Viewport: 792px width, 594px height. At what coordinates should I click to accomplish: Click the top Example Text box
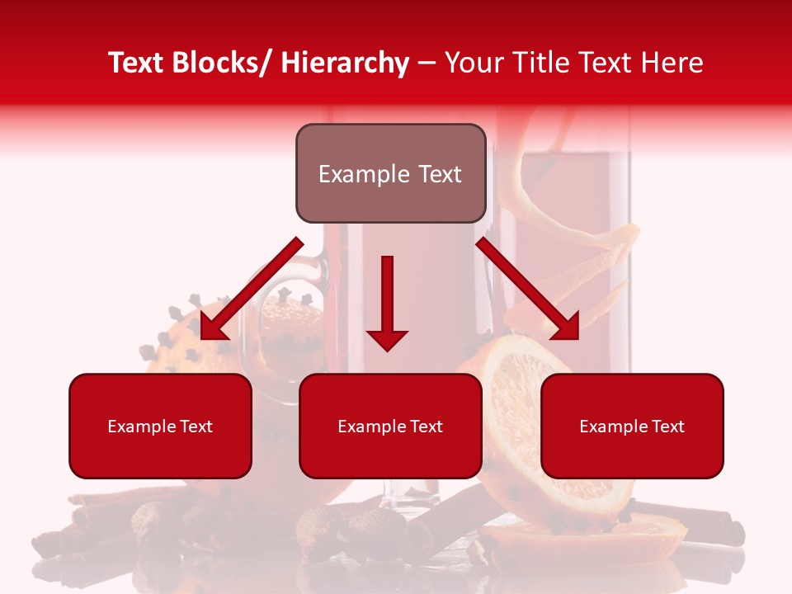point(390,173)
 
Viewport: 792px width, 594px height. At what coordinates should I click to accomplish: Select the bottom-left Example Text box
point(160,426)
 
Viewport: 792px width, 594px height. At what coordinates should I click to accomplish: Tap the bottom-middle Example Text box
point(390,426)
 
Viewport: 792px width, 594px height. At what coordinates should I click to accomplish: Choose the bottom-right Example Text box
point(632,426)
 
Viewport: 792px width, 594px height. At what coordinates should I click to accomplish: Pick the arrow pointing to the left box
point(251,290)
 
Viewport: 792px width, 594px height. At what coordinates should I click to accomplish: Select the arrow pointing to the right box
point(528,290)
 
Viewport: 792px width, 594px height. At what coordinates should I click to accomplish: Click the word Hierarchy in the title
point(345,63)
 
